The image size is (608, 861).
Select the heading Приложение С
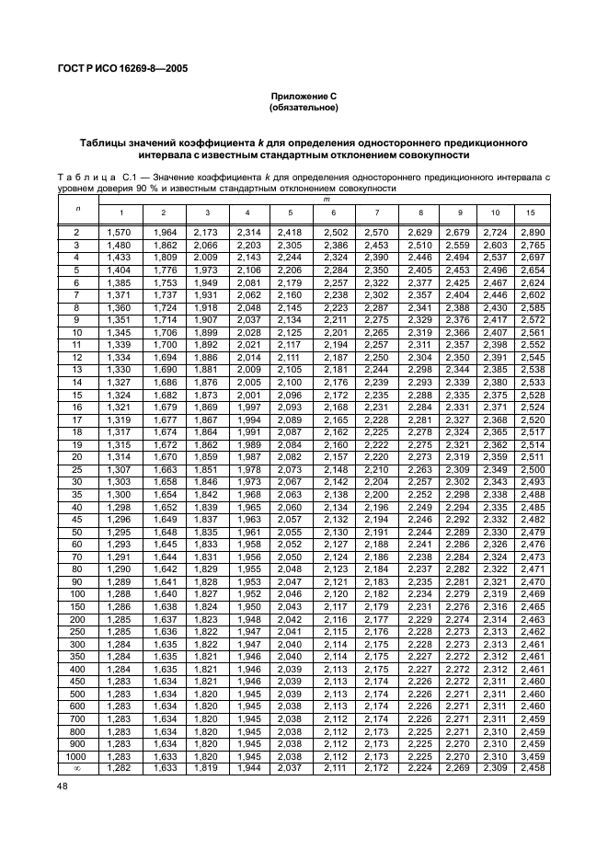(303, 97)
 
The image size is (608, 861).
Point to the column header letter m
(326, 198)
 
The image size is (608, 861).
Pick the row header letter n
(76, 208)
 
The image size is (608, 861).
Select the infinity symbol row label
(76, 767)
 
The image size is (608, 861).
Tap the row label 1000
(76, 755)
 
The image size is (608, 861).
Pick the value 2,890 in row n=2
(531, 234)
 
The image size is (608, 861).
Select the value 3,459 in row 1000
(531, 755)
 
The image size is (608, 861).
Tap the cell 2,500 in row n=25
(531, 469)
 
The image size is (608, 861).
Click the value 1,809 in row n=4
(165, 258)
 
